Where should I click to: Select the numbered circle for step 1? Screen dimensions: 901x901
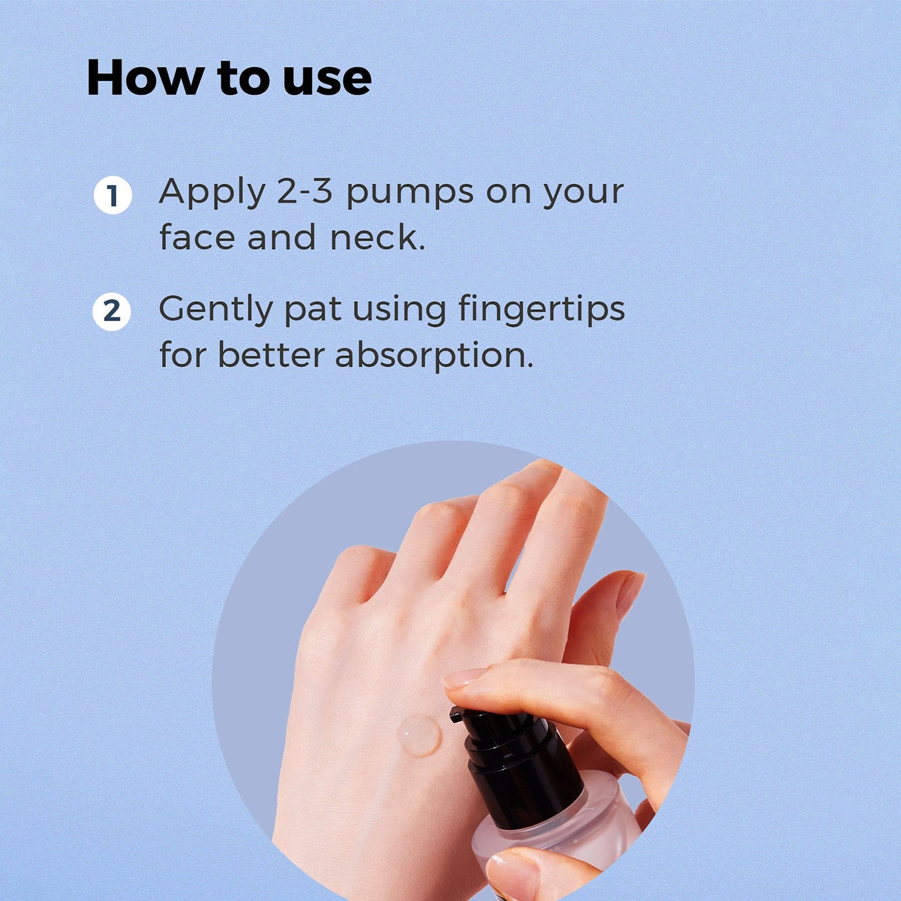tap(112, 195)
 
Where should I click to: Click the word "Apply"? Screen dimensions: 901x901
tap(213, 193)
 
